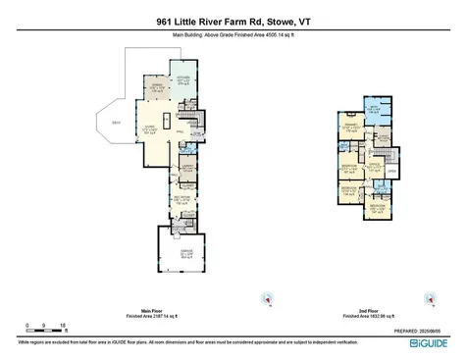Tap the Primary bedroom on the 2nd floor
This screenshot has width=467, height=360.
tap(348, 128)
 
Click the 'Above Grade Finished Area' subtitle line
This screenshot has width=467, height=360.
tap(233, 36)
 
